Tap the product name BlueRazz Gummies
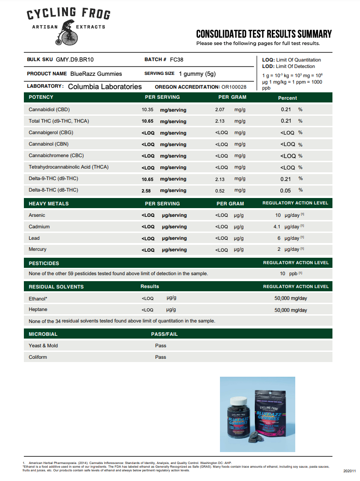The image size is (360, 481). (96, 74)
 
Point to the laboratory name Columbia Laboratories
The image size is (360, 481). (105, 86)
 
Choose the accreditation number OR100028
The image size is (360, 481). (234, 87)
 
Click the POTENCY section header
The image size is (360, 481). (41, 97)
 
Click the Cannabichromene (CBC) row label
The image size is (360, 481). (56, 156)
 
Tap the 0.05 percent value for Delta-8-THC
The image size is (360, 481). (286, 190)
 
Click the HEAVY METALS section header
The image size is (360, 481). (49, 203)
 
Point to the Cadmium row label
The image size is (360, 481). (39, 226)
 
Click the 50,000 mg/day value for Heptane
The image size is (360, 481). (291, 310)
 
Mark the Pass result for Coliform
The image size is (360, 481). (161, 357)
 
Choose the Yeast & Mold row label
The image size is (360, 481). (43, 345)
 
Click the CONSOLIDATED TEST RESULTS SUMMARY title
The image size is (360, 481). (264, 34)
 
